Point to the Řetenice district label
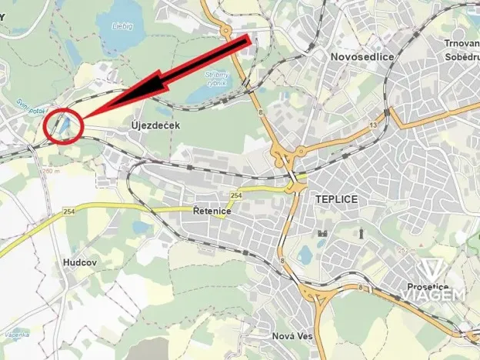click(207, 211)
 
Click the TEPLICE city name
click(337, 198)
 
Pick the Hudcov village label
click(80, 262)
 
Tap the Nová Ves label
click(292, 336)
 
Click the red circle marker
click(65, 125)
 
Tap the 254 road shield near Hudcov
click(70, 211)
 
